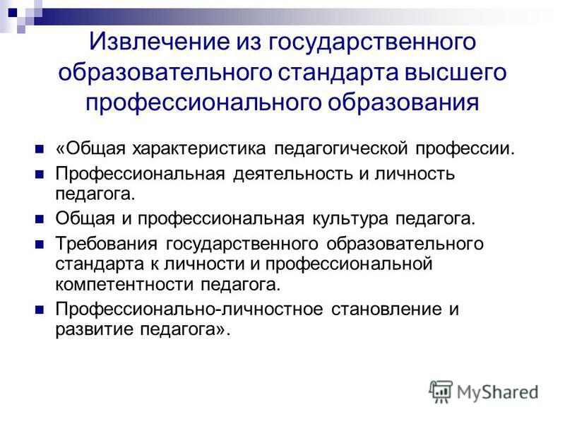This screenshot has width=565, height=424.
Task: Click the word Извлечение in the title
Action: click(x=160, y=41)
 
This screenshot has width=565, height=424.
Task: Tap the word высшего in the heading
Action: click(x=456, y=72)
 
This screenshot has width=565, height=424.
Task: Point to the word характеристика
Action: click(x=199, y=148)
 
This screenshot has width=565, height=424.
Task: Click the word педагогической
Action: click(x=341, y=148)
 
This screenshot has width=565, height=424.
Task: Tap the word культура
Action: click(x=350, y=218)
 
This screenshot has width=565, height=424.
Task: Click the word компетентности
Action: click(x=124, y=285)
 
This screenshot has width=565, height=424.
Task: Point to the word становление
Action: click(x=386, y=310)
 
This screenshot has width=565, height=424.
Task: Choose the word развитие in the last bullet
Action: click(x=94, y=330)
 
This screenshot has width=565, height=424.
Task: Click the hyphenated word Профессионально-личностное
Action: click(x=189, y=310)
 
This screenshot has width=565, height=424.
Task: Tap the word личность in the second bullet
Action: click(x=415, y=174)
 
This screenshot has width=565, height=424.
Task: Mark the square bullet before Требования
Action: click(x=40, y=245)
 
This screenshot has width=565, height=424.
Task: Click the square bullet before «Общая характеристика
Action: click(x=40, y=149)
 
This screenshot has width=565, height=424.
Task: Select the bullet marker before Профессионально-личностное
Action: click(x=40, y=310)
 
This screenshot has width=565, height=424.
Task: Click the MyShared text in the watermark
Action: click(x=497, y=393)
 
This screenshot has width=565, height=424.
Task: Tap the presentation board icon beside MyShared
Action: click(x=440, y=391)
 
